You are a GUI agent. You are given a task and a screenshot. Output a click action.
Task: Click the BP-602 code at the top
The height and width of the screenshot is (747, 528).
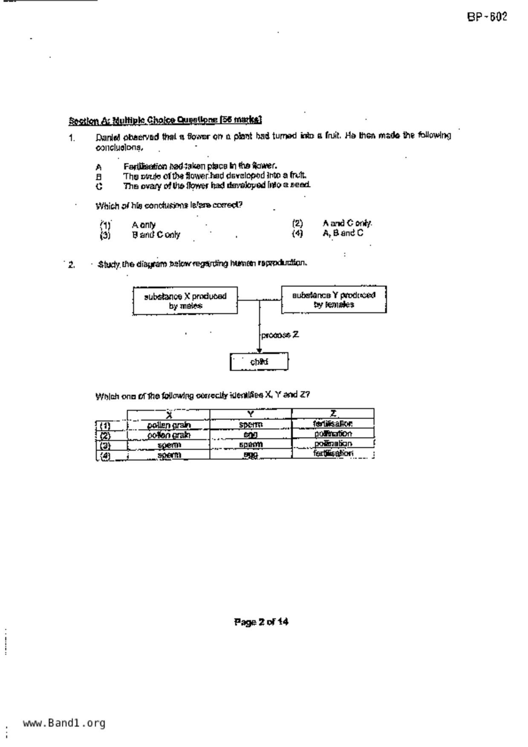(487, 17)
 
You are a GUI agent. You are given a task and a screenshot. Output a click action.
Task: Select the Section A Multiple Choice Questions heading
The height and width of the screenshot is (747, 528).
(165, 120)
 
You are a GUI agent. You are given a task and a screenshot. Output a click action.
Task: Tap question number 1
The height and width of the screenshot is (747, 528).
(72, 138)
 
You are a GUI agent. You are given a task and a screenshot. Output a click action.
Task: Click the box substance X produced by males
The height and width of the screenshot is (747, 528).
(185, 301)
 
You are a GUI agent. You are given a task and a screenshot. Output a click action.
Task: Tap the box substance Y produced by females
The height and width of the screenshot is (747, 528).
(334, 299)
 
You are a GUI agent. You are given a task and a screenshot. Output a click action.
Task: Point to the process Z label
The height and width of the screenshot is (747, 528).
(280, 335)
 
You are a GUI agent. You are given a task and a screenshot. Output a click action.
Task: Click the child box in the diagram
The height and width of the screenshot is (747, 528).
(259, 362)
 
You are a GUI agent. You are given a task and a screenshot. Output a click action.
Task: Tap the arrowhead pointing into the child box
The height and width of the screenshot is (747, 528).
(259, 351)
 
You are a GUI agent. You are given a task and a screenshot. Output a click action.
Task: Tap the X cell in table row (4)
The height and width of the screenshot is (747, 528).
(169, 455)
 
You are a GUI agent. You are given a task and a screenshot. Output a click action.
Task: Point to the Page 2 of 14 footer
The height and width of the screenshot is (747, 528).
(261, 622)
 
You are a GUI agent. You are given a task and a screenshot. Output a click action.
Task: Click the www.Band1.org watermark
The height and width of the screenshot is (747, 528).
(64, 723)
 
